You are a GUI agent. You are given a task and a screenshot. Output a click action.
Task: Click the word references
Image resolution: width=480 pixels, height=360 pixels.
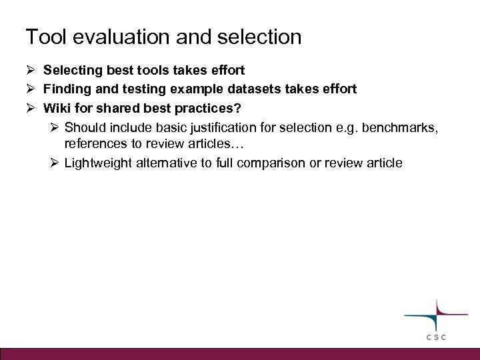tap(95, 143)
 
